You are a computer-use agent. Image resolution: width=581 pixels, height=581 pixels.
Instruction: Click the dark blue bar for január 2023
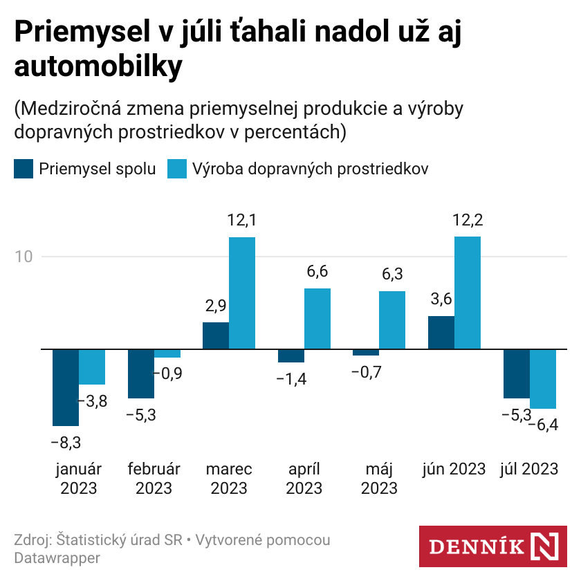[66, 387]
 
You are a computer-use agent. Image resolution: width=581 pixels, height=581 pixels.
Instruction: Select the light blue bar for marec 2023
[242, 293]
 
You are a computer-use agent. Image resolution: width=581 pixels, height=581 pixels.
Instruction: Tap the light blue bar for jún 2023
[468, 293]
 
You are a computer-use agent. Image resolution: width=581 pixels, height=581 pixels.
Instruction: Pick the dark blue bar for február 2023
[141, 373]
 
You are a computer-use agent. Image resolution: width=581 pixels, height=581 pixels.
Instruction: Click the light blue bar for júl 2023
[543, 379]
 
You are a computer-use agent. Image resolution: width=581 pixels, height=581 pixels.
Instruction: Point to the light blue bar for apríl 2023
[317, 319]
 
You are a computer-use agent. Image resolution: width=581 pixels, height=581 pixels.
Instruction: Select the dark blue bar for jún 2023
[441, 333]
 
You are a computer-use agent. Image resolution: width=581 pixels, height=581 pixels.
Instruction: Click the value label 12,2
[468, 221]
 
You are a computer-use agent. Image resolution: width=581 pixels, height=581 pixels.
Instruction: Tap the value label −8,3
[66, 441]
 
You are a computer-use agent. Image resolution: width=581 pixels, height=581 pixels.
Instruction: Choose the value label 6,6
[317, 272]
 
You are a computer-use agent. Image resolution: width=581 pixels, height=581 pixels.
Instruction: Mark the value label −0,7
[366, 372]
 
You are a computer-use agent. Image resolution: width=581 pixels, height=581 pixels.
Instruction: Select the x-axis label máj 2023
[379, 478]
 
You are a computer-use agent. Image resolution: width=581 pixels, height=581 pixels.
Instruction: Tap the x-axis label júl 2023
[528, 469]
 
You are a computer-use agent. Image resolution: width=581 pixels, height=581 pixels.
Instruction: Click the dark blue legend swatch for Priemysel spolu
[23, 169]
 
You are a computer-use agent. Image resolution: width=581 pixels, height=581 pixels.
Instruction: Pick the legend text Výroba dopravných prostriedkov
[310, 169]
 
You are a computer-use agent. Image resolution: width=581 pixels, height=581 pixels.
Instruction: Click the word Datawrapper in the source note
[57, 557]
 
